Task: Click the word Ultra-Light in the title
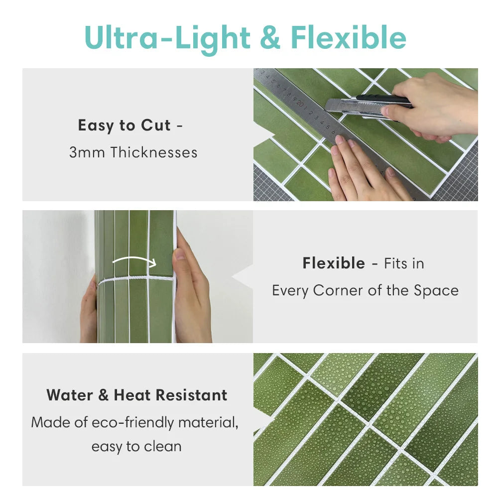tap(167, 38)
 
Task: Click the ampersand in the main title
tap(270, 37)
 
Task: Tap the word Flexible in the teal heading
tap(349, 37)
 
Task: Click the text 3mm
tap(87, 152)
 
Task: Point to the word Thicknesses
tap(154, 152)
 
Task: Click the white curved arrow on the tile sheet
tap(134, 261)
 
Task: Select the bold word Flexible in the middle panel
tap(334, 263)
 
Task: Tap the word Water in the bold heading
tap(70, 395)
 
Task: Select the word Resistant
tap(192, 395)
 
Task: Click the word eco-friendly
tap(133, 423)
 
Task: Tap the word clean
tap(163, 447)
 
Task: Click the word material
tap(208, 423)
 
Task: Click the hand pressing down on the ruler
tap(365, 170)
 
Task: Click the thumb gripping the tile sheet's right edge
tap(180, 254)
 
